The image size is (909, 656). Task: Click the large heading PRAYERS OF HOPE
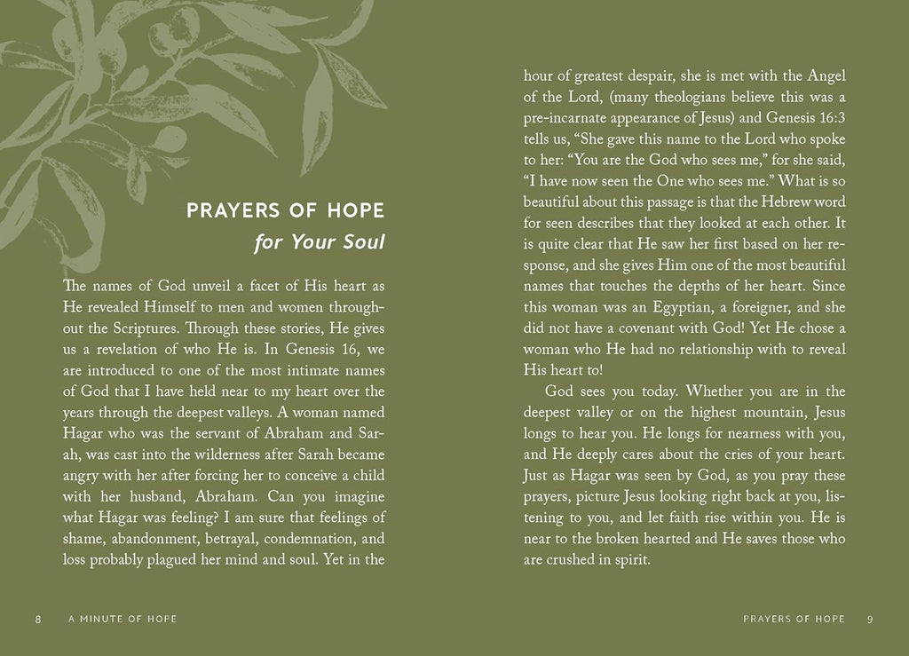click(285, 210)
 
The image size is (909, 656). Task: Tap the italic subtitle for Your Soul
click(319, 241)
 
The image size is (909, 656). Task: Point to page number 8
click(37, 619)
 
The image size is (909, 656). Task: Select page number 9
click(871, 619)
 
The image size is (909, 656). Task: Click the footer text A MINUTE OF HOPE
click(123, 619)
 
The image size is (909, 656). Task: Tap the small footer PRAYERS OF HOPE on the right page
click(794, 619)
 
